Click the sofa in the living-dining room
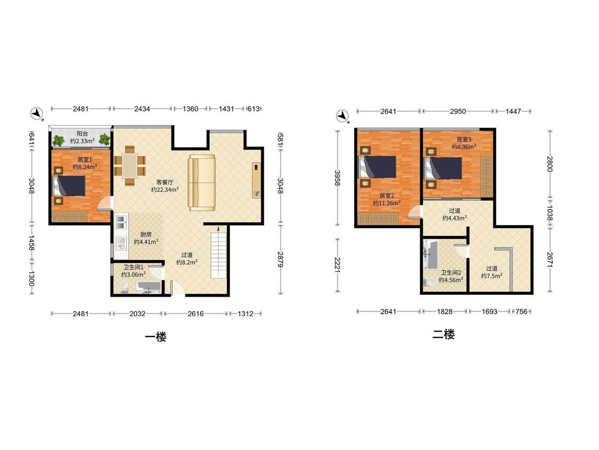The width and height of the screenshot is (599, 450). coord(202,182)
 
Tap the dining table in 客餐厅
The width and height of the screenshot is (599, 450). coord(130,165)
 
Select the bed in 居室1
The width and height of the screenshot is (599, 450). coord(69,186)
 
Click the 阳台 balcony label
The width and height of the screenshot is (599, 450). coord(82,133)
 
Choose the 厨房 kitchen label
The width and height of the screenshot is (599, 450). coord(145,234)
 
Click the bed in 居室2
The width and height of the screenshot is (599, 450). coord(377,167)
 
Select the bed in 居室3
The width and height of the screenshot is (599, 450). coord(443,168)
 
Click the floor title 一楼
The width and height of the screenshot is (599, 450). coord(156,337)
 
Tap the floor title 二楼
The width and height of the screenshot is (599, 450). coord(444,334)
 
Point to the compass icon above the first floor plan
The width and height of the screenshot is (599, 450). coord(37,113)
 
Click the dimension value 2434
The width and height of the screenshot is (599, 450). coord(142,109)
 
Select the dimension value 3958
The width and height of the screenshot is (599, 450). coord(338,178)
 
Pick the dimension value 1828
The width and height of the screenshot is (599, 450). coord(445,311)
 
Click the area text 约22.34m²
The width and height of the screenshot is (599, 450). coord(165,189)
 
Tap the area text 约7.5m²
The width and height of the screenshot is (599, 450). coord(491,276)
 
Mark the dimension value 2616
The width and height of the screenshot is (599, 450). coord(195,314)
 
